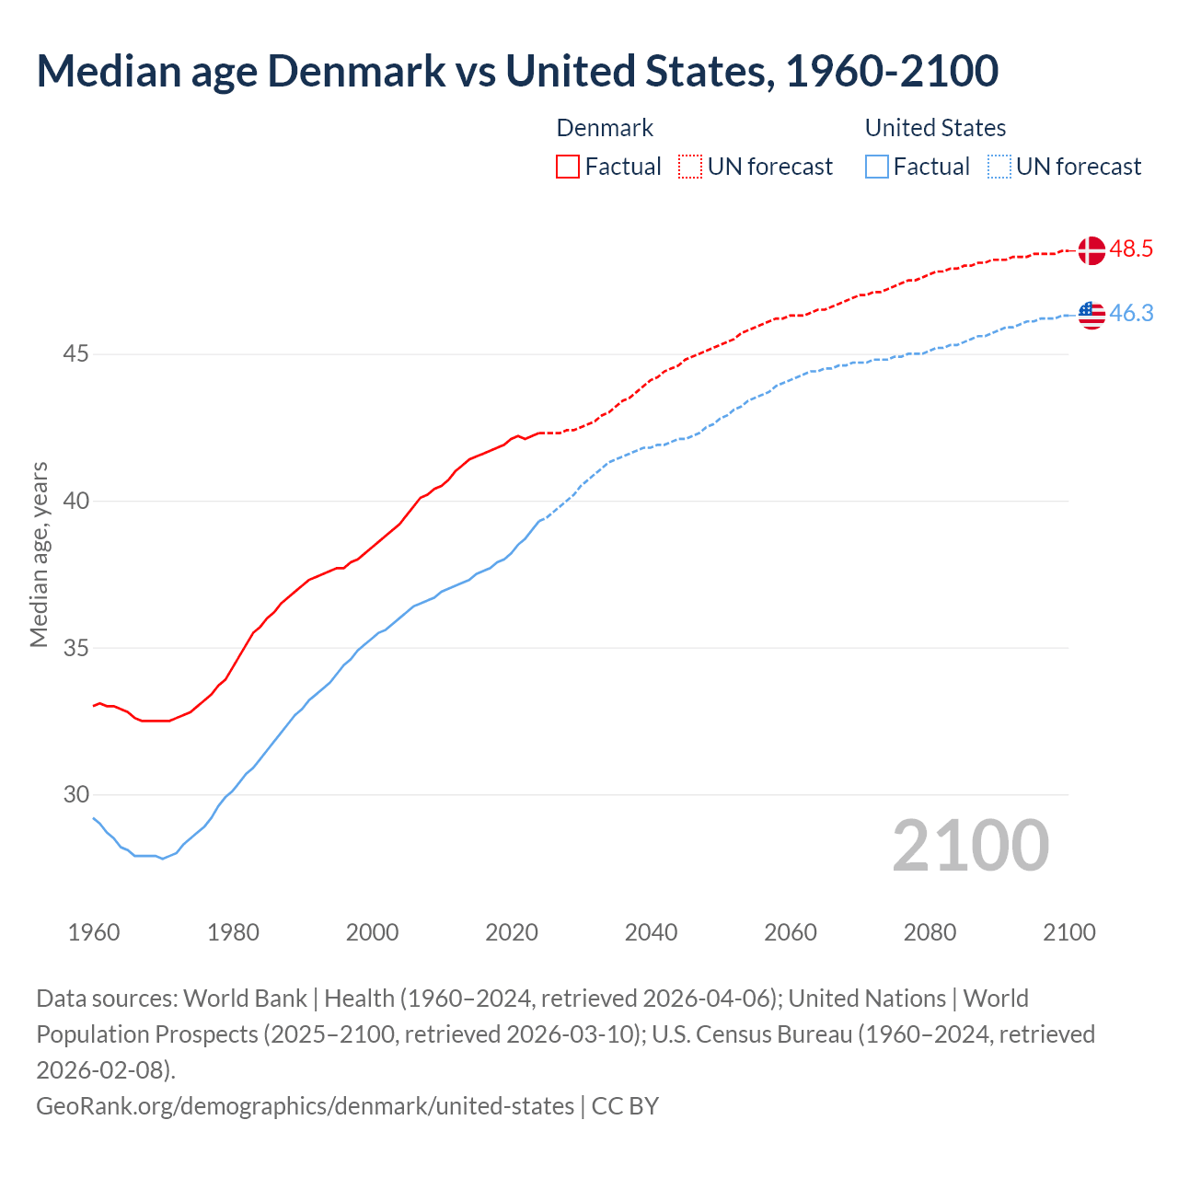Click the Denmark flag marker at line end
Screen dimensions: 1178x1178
coord(1091,249)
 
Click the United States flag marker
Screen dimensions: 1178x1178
coord(1091,315)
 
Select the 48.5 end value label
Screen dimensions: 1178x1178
coord(1131,249)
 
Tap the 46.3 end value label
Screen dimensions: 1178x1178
coord(1131,314)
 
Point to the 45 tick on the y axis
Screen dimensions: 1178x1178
coord(76,354)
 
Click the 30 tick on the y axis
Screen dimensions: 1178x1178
coord(76,794)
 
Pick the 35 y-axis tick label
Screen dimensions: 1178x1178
coord(76,648)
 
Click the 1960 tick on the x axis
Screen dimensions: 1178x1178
coord(94,932)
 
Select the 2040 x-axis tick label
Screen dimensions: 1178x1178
coord(651,932)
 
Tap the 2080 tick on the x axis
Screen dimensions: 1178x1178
coord(930,932)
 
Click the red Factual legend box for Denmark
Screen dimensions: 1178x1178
coord(568,167)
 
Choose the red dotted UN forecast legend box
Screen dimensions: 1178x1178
coord(690,167)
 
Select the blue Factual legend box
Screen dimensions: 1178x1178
coord(877,167)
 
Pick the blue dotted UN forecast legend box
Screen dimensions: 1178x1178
coord(999,167)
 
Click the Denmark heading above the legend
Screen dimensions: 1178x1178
coord(605,128)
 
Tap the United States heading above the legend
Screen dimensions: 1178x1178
coord(935,128)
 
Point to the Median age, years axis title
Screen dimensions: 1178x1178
coord(39,555)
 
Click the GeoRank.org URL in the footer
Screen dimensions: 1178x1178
coord(305,1105)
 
